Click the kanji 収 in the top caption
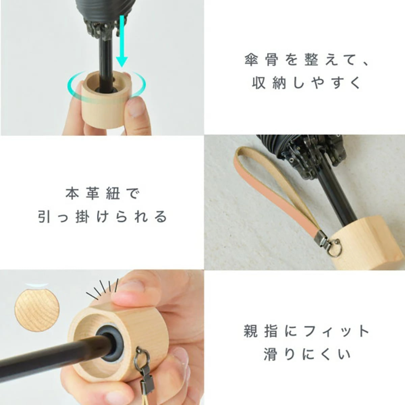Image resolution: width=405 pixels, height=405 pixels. pos(259,83)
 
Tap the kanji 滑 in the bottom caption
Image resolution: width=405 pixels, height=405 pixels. pos(270,354)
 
